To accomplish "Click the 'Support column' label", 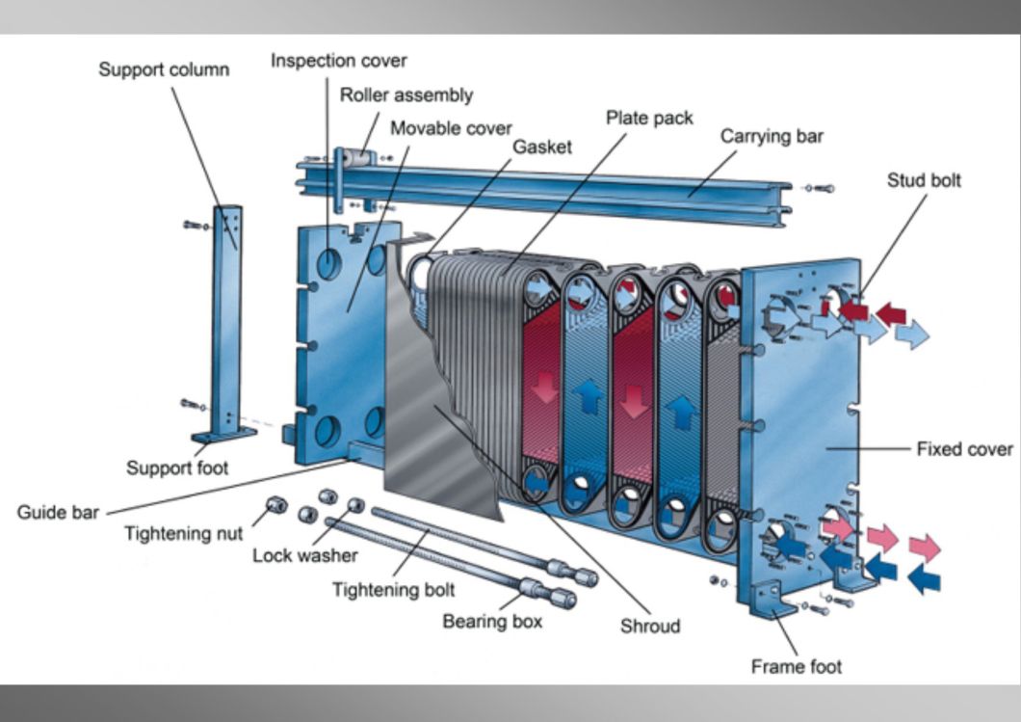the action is coord(164,69).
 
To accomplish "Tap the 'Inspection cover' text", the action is coord(339,61).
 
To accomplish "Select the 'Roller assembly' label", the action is coord(406,95).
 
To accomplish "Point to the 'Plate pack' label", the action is coord(649,118).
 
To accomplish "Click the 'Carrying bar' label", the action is coord(772,136).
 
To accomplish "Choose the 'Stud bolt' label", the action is coord(924,180).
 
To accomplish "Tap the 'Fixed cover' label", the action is coord(964,449).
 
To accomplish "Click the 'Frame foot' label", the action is coord(796,667).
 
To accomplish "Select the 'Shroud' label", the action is coord(650,627).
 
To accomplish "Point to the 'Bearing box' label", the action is coord(492,622).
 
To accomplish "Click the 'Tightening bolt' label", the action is coord(393,590).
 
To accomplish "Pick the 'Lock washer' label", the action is coord(304,556).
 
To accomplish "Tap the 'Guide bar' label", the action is coord(58,512).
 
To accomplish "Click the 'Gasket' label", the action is coord(542,147).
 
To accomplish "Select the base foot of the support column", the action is coord(223,435).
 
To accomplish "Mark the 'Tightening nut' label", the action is coord(184,534).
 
